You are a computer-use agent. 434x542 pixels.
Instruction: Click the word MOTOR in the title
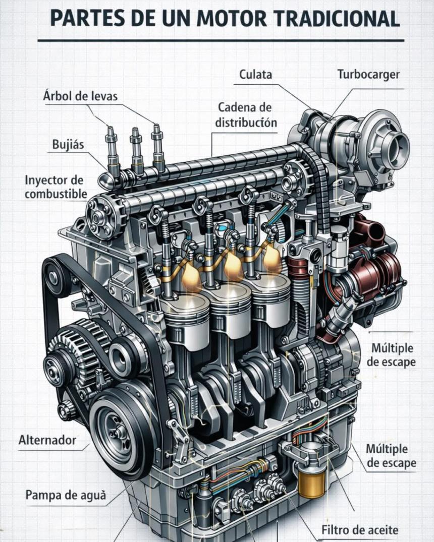tap(232, 19)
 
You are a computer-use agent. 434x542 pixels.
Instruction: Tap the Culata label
tap(255, 74)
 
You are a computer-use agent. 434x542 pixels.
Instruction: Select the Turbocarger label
tap(368, 75)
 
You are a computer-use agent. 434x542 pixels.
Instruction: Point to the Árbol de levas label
tap(80, 96)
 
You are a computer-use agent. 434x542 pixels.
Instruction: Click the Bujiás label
tap(68, 144)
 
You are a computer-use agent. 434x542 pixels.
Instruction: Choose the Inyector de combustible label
tap(56, 187)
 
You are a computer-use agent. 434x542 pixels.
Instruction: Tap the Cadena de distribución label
tap(246, 115)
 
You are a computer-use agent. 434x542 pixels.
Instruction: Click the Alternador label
tap(47, 440)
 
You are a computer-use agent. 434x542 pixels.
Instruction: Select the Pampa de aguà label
tap(66, 495)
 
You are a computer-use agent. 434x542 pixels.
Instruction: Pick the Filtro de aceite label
tap(360, 529)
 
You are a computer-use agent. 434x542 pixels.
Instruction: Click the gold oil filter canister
tap(311, 481)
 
